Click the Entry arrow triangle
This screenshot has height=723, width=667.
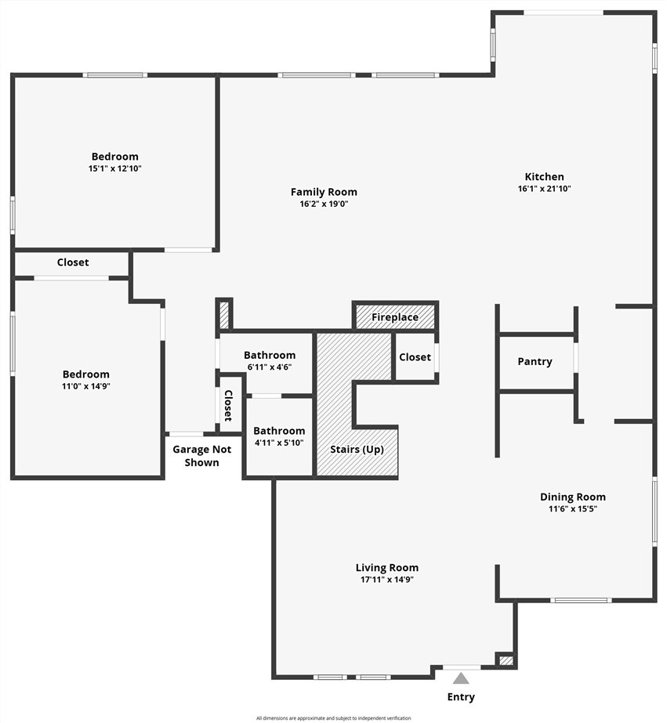pyautogui.click(x=461, y=678)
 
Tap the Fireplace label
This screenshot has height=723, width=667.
pyautogui.click(x=395, y=317)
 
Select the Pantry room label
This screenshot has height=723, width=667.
pyautogui.click(x=535, y=362)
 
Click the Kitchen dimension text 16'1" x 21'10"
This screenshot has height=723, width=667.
pyautogui.click(x=544, y=188)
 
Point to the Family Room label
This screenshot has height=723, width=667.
pyautogui.click(x=324, y=192)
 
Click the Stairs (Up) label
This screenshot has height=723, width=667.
pyautogui.click(x=357, y=449)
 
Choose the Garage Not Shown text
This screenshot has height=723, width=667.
pyautogui.click(x=201, y=456)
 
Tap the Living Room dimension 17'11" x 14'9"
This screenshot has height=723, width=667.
pyautogui.click(x=387, y=579)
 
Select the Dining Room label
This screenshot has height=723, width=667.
pyautogui.click(x=573, y=497)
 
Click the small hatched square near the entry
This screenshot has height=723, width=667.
pyautogui.click(x=506, y=661)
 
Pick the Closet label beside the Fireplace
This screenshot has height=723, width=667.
pyautogui.click(x=415, y=357)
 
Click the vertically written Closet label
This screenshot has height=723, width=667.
pyautogui.click(x=228, y=406)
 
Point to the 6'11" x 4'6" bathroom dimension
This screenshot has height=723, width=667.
pyautogui.click(x=270, y=367)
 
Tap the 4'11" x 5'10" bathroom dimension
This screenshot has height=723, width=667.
pyautogui.click(x=279, y=443)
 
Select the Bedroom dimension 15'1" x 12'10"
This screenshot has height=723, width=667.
pyautogui.click(x=115, y=168)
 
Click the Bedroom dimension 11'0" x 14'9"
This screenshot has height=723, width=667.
pyautogui.click(x=86, y=386)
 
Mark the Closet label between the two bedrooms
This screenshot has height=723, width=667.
pyautogui.click(x=73, y=262)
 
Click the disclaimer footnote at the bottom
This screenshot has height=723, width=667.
pyautogui.click(x=334, y=718)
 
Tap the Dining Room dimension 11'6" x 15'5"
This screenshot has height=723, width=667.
pyautogui.click(x=573, y=508)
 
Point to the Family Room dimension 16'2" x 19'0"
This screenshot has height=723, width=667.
pyautogui.click(x=324, y=204)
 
